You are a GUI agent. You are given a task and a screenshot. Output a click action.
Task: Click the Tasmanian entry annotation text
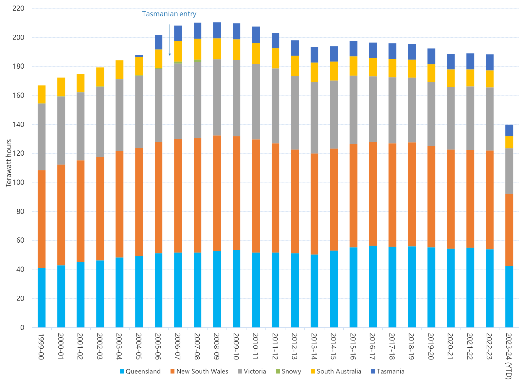(x=169, y=14)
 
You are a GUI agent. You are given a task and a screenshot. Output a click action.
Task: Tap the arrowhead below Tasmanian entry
(x=170, y=54)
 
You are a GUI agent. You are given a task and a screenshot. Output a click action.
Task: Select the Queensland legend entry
(x=140, y=371)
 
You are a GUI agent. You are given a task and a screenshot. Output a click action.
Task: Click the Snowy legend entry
(x=288, y=371)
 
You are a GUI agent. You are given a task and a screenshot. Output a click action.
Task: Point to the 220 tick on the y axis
(x=18, y=9)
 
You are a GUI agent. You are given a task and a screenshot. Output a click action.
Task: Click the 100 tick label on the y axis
(x=18, y=183)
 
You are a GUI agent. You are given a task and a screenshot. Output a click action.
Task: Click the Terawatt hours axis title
(x=9, y=163)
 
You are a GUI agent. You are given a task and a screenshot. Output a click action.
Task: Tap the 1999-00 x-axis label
(x=41, y=346)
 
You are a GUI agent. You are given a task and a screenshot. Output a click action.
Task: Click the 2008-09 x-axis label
(x=217, y=346)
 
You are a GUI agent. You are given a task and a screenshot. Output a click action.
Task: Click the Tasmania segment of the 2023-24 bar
(x=509, y=131)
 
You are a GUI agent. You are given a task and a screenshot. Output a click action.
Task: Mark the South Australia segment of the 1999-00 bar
(x=42, y=95)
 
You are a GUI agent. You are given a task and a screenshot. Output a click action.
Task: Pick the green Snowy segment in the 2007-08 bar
(x=197, y=61)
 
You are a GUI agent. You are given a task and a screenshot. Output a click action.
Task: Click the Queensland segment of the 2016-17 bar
(x=372, y=286)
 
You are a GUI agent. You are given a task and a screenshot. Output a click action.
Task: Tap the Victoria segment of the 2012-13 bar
(x=295, y=113)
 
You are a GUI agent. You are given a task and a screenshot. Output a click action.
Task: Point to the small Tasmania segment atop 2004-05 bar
(x=139, y=56)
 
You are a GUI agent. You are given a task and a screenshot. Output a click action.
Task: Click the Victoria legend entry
(x=252, y=371)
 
